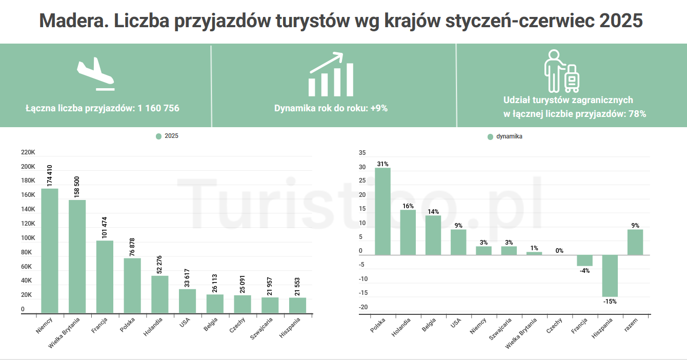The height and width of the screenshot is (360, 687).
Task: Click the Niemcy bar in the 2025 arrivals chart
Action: [x=50, y=251]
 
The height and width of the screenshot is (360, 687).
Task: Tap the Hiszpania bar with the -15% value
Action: [x=610, y=275]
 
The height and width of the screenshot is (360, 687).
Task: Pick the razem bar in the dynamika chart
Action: [x=635, y=242]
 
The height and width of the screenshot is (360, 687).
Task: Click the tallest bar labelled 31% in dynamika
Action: [x=382, y=211]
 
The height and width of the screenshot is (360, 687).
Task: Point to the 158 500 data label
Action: [x=77, y=187]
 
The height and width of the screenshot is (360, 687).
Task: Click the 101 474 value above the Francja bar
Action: [x=105, y=228]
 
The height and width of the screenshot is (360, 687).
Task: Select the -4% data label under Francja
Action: [x=584, y=271]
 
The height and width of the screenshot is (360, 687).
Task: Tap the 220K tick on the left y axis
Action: [x=28, y=153]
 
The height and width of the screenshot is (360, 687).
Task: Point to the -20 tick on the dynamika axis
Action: [x=363, y=307]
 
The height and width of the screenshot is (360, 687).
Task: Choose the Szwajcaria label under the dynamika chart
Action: [x=500, y=330]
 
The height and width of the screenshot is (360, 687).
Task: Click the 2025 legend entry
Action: [x=168, y=136]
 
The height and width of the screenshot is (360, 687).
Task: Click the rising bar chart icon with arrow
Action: [x=331, y=75]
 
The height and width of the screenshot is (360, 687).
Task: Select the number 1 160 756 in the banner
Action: [x=158, y=108]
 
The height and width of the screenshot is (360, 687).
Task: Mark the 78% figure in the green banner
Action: [x=637, y=114]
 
